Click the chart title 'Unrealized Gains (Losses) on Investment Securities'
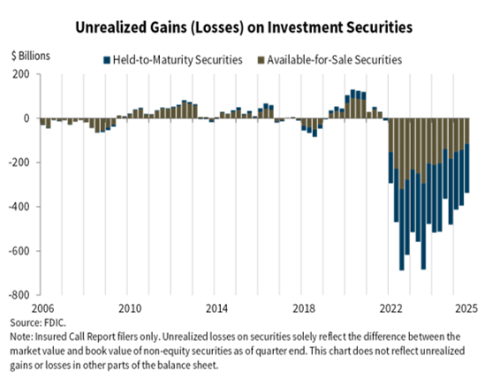(x=243, y=26)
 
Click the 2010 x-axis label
(x=129, y=308)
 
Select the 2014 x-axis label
(x=216, y=308)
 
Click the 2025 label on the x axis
(x=466, y=308)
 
